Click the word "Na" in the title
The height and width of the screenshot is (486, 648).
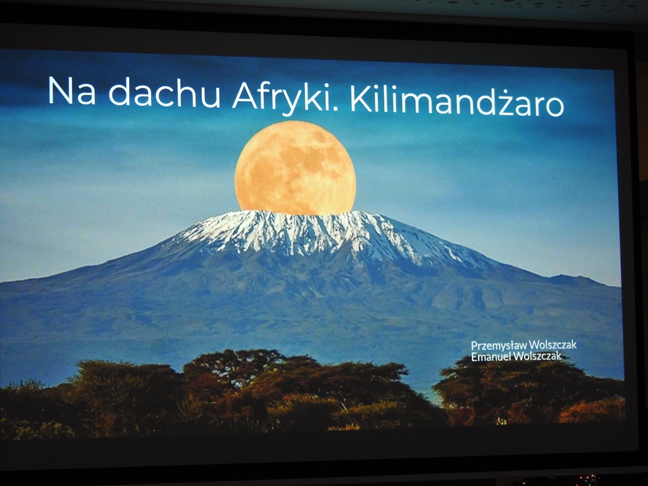(x=72, y=92)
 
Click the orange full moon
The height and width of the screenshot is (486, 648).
(x=295, y=168)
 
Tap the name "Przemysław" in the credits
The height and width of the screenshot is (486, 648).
(x=499, y=346)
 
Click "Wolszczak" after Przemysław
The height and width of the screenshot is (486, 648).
(x=552, y=346)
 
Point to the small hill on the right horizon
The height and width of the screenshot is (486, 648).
(x=573, y=279)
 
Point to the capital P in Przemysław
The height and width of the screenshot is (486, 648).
(x=474, y=346)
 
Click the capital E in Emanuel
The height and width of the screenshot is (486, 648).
(x=474, y=356)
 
